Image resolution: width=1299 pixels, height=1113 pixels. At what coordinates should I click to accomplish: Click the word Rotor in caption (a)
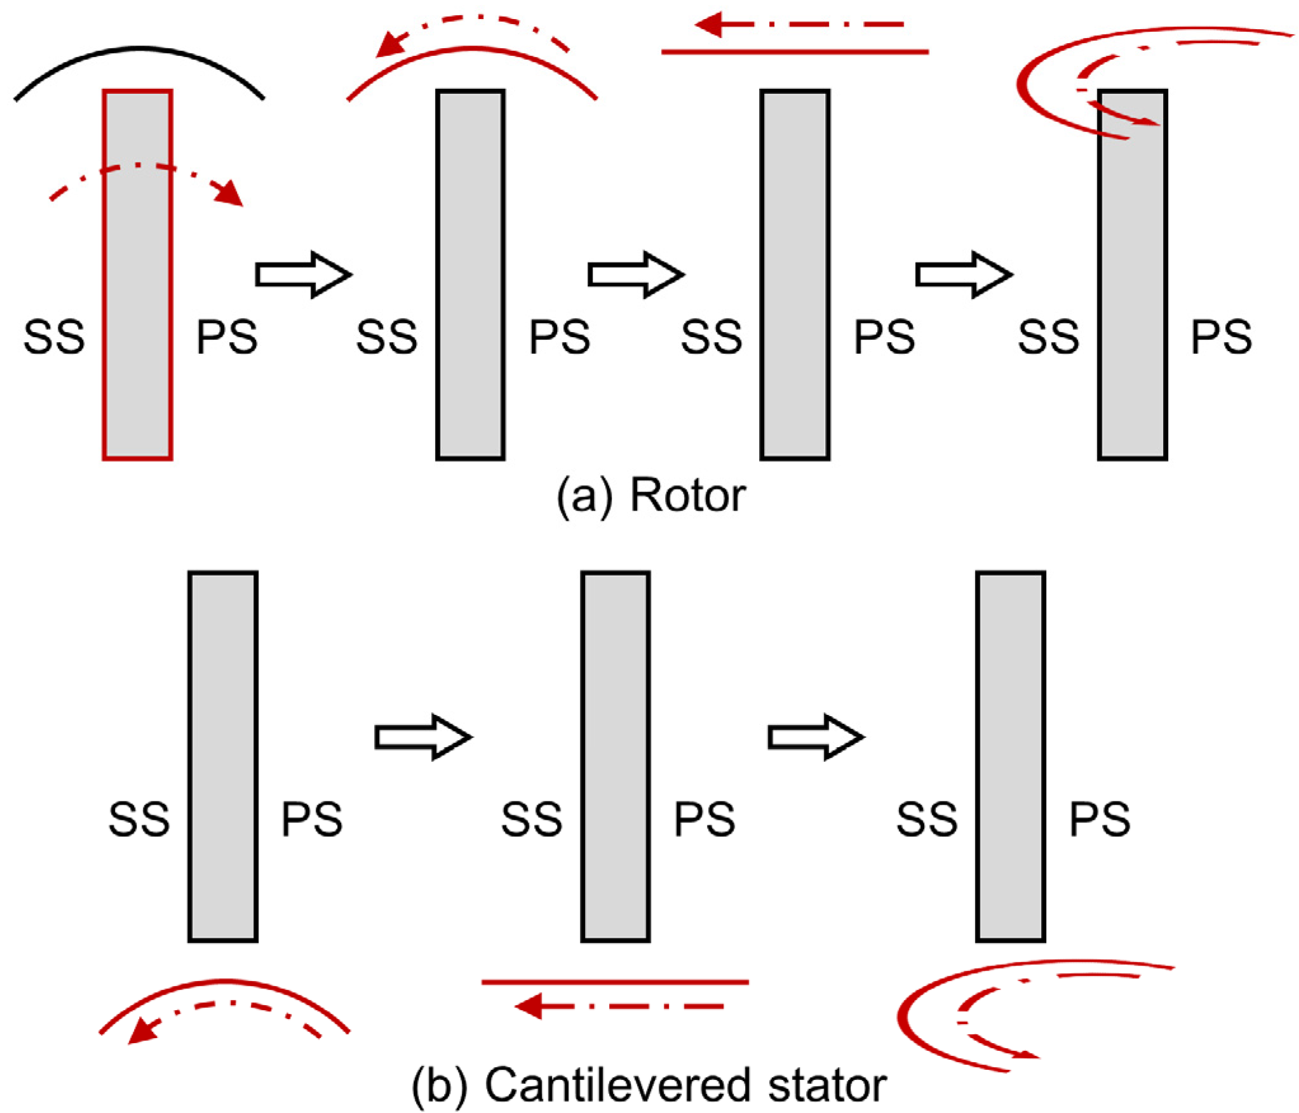click(687, 496)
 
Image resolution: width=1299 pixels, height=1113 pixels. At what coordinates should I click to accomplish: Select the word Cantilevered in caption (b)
click(618, 1085)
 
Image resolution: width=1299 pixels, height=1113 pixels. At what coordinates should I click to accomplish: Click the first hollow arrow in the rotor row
click(303, 274)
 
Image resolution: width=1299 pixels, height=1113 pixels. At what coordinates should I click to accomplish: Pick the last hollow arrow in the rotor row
click(963, 274)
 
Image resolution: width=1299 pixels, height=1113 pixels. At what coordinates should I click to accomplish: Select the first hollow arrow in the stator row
click(422, 736)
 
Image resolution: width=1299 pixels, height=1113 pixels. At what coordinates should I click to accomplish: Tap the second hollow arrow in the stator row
click(816, 736)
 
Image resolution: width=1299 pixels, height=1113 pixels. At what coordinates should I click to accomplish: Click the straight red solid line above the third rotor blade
click(794, 51)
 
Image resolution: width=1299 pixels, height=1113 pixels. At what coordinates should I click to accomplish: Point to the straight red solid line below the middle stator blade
click(614, 982)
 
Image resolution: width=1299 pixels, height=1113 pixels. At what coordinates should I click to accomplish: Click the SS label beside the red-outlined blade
click(54, 337)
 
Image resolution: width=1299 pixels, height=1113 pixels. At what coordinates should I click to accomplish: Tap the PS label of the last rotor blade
click(1221, 337)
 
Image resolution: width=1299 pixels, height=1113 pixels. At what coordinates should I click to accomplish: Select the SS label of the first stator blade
click(139, 818)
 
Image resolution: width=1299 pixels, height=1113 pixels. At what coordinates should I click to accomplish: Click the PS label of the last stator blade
click(1100, 818)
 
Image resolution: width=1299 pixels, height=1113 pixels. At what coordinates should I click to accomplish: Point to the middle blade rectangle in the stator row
click(615, 756)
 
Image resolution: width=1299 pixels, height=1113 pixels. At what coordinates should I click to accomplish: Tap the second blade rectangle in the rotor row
click(470, 274)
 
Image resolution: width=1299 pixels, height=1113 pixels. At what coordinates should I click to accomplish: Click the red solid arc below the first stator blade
click(224, 982)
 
